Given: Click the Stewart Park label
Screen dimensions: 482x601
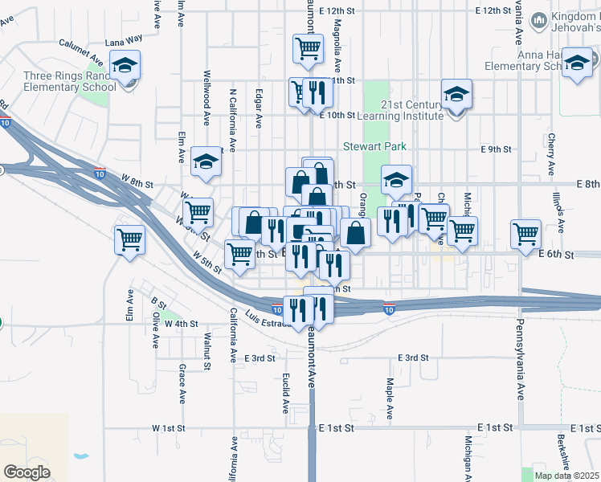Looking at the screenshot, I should (x=375, y=147).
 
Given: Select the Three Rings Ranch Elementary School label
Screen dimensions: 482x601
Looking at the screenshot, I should (x=69, y=81).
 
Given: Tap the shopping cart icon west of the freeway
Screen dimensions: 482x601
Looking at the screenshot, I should (x=129, y=239).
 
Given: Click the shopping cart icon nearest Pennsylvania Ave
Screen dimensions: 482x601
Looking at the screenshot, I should (x=525, y=234).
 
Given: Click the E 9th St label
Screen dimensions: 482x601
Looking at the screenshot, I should (x=496, y=149).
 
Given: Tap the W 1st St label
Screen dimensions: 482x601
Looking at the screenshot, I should (x=169, y=428).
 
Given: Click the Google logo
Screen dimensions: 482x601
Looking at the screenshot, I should (x=27, y=472).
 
